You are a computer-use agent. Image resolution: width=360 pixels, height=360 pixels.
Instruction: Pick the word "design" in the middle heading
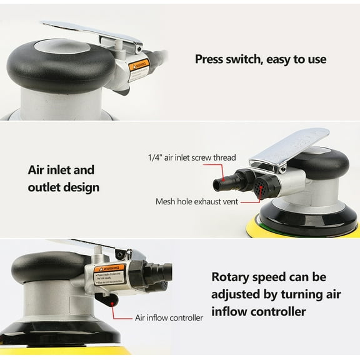[81, 187]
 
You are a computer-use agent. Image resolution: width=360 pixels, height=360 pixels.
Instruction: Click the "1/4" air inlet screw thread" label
[191, 157]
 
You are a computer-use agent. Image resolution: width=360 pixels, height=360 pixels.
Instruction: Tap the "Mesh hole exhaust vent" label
[196, 202]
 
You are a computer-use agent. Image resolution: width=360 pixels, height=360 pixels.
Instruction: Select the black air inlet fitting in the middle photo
[225, 182]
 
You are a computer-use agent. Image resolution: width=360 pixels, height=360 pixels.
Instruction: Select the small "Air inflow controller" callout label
[169, 317]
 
